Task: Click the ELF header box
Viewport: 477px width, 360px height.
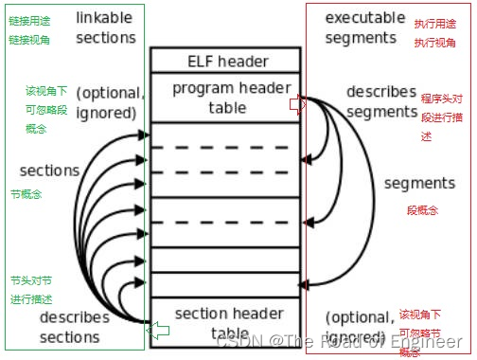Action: pyautogui.click(x=223, y=62)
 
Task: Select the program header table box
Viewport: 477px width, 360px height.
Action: pyautogui.click(x=223, y=98)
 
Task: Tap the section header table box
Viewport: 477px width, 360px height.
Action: pyautogui.click(x=223, y=323)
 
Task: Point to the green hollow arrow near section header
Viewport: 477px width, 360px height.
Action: pyautogui.click(x=158, y=329)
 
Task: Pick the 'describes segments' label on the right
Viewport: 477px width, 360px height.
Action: pyautogui.click(x=381, y=101)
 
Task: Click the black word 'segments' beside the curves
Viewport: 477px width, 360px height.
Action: pyautogui.click(x=419, y=183)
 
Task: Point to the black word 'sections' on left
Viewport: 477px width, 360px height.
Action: pyautogui.click(x=49, y=171)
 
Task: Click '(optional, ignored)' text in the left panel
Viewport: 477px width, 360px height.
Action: pyautogui.click(x=110, y=102)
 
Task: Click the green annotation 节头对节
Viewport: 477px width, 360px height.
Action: pyautogui.click(x=31, y=281)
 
